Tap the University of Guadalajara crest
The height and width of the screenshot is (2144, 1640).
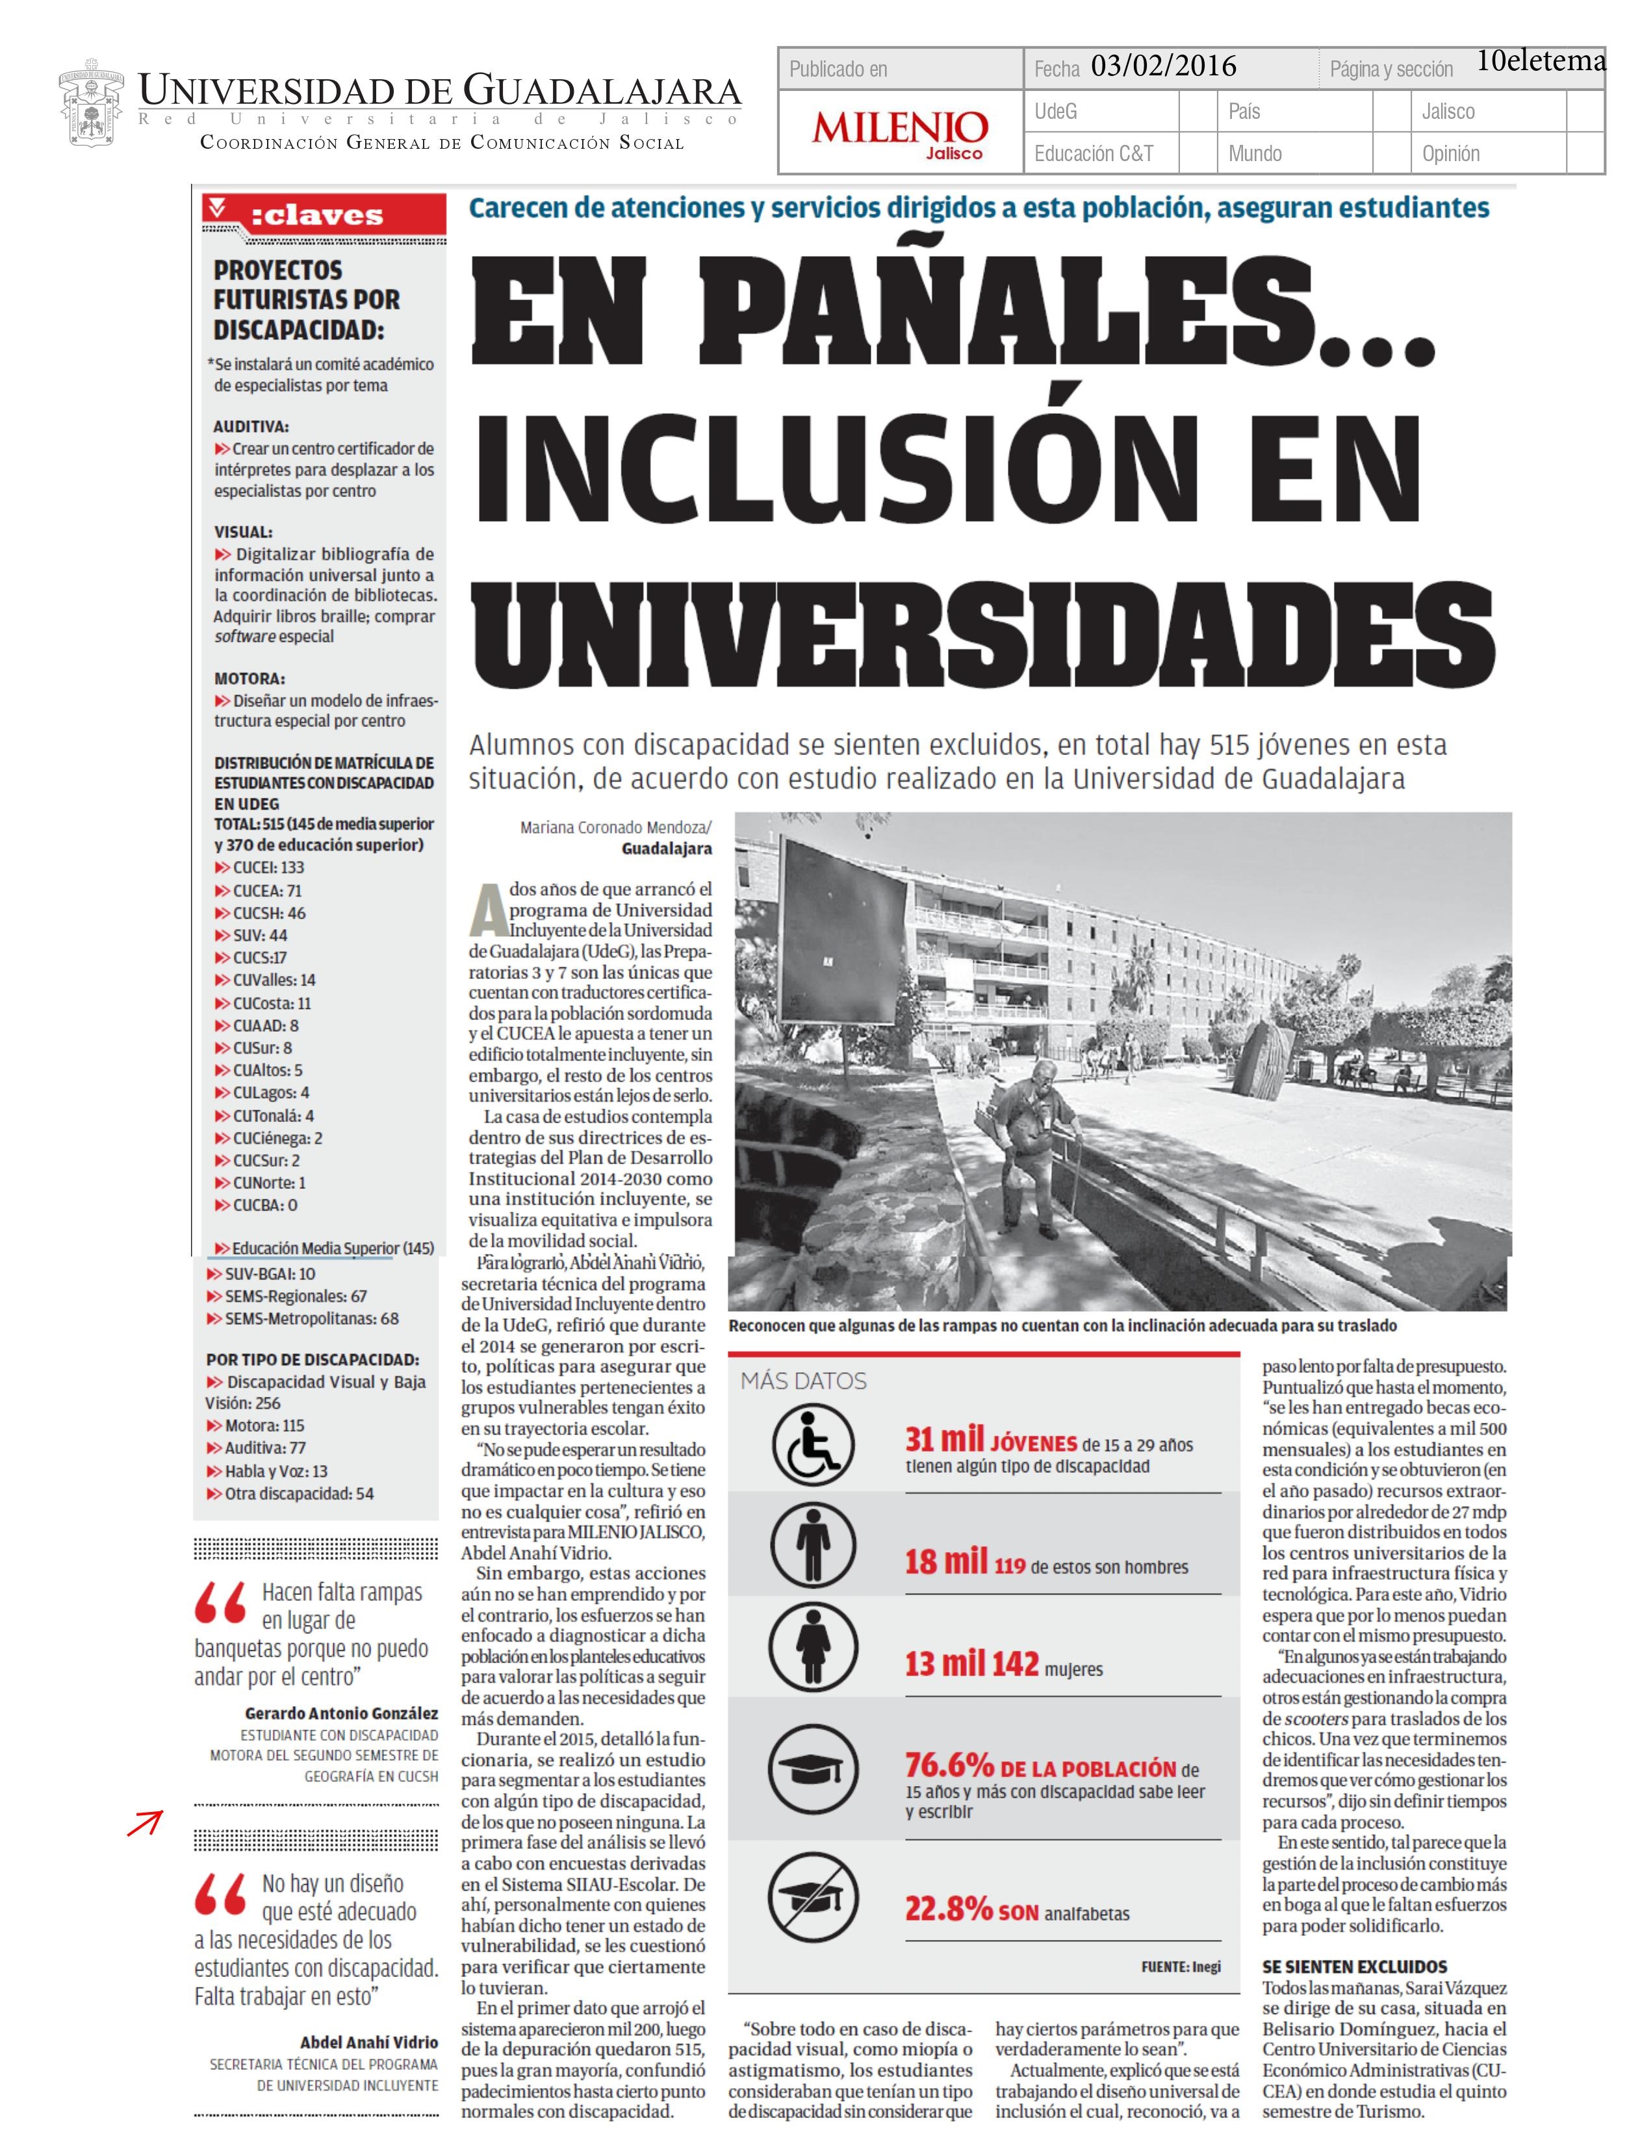(x=91, y=107)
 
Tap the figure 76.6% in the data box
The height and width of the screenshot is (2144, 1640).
(x=949, y=1765)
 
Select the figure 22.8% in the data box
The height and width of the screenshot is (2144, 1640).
(x=948, y=1909)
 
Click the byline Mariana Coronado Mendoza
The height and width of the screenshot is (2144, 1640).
(x=615, y=828)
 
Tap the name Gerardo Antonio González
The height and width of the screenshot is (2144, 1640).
(x=340, y=1713)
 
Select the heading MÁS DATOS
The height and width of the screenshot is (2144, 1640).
(x=802, y=1381)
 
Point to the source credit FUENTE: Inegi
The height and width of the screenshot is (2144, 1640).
(x=1180, y=1967)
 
